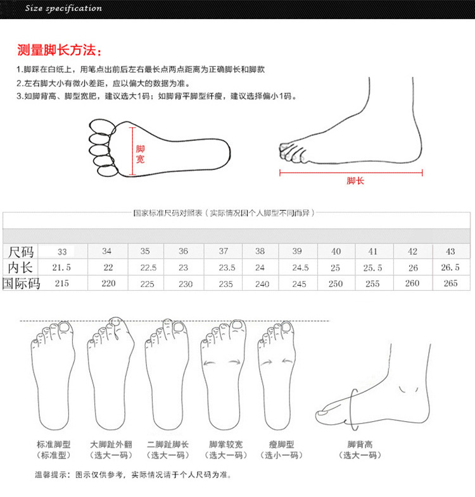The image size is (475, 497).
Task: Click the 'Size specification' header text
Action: (x=63, y=8)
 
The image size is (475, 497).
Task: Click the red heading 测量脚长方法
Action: (x=58, y=51)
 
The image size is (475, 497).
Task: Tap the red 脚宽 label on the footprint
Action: (x=140, y=154)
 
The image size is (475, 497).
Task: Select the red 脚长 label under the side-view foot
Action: (x=355, y=181)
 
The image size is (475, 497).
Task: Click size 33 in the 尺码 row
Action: (x=62, y=251)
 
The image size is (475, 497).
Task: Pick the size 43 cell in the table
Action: (x=450, y=251)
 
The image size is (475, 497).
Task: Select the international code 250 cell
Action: (x=336, y=284)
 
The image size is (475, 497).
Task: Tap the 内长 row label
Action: (x=20, y=267)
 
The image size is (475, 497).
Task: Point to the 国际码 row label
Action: (x=21, y=284)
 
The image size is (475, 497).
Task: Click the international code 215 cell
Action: (x=61, y=284)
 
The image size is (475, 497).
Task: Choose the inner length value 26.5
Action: (x=450, y=267)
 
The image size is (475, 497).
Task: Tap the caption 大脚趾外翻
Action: (x=110, y=445)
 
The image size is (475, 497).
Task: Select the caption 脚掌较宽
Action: (x=224, y=445)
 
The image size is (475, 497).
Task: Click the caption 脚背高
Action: (x=360, y=445)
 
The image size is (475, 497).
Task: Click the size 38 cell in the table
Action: (x=260, y=251)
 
